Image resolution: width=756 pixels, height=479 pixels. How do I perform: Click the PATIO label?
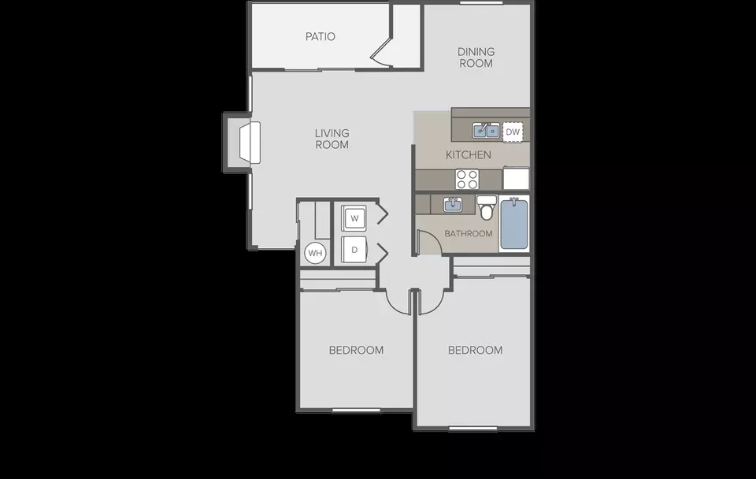click(321, 37)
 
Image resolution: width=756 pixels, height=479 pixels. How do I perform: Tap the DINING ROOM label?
click(476, 58)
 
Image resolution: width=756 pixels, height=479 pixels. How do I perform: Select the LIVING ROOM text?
click(332, 139)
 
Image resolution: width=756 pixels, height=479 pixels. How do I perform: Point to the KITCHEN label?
click(468, 155)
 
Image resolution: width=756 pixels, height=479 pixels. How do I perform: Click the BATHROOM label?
click(468, 233)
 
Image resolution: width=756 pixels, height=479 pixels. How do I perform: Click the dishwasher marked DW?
click(513, 132)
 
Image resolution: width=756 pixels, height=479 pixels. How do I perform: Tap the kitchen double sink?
click(486, 130)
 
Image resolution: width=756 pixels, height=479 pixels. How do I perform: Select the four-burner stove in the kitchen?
click(467, 180)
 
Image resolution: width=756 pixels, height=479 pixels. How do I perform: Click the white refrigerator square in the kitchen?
click(516, 178)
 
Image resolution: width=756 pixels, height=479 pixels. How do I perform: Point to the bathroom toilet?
click(486, 207)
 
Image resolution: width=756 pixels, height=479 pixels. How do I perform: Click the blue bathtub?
click(514, 224)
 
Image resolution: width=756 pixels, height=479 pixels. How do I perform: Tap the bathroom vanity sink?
click(452, 205)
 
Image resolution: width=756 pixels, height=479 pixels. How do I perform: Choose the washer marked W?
click(354, 218)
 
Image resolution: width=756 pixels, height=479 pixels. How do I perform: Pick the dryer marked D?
click(354, 250)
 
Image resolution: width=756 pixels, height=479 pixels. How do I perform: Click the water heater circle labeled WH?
click(315, 253)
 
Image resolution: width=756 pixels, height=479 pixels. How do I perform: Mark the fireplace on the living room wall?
click(250, 143)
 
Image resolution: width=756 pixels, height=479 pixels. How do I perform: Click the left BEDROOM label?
click(356, 351)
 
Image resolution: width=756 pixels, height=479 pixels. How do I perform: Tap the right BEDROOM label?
click(475, 351)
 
